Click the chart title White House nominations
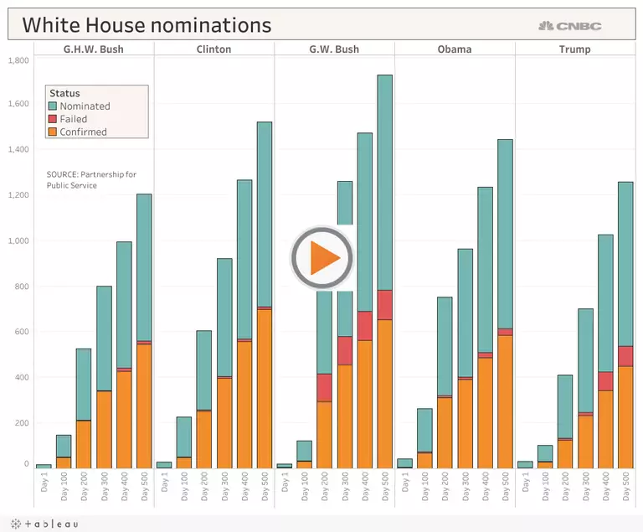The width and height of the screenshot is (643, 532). [147, 25]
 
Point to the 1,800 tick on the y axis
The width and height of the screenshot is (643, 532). [18, 59]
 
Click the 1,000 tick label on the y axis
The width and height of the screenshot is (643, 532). [18, 241]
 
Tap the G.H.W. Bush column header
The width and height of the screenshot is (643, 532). [94, 49]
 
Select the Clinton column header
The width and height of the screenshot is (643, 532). [213, 49]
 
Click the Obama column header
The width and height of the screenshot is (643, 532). [455, 49]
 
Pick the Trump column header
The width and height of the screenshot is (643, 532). [574, 49]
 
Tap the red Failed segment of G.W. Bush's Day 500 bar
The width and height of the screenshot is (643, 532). [384, 305]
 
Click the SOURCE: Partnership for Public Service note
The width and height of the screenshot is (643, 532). [91, 179]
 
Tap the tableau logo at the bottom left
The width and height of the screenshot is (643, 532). [42, 524]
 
